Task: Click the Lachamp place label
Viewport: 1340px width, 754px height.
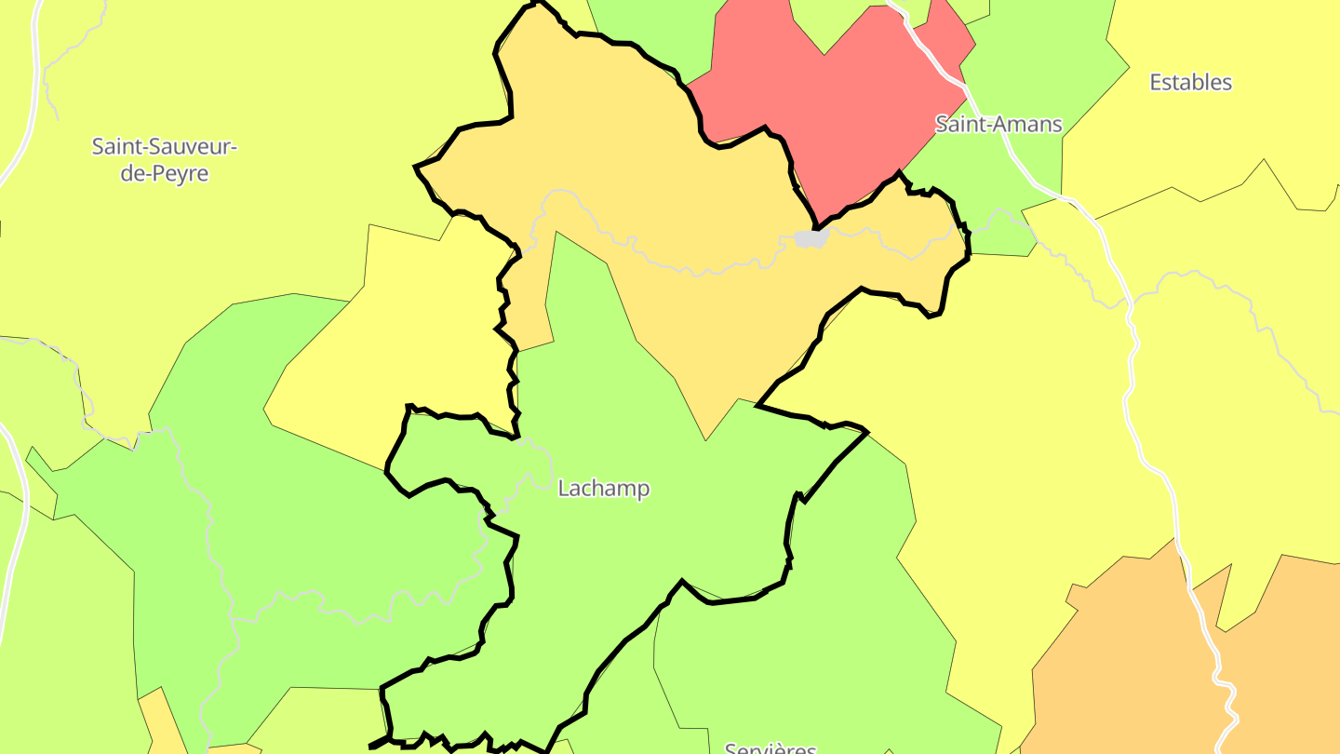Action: (603, 488)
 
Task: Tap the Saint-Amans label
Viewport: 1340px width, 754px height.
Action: (998, 124)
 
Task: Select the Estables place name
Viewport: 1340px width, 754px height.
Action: (1190, 82)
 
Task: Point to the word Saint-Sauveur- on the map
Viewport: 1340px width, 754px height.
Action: (165, 146)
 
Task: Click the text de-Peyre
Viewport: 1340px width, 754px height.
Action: (165, 173)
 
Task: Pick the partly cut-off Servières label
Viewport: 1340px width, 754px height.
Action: (770, 747)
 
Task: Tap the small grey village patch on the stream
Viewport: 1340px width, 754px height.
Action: (811, 238)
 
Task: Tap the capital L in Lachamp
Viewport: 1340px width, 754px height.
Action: (563, 488)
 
